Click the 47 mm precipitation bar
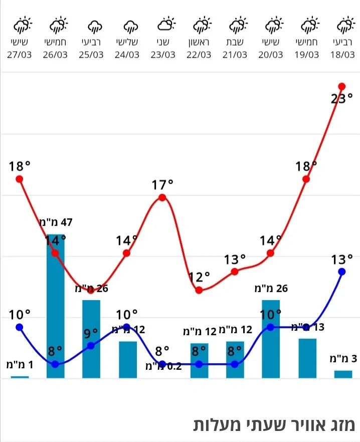pos(55,306)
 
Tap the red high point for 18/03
pos(342,86)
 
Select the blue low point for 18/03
pos(342,272)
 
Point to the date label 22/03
pos(199,55)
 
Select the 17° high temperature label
pos(162,185)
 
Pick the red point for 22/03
pos(199,290)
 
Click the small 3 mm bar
pos(343,374)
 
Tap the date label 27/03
pos(20,55)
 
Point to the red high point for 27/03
pos(20,179)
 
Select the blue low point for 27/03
pos(20,327)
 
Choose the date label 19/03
pos(306,55)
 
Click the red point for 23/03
pos(162,197)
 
